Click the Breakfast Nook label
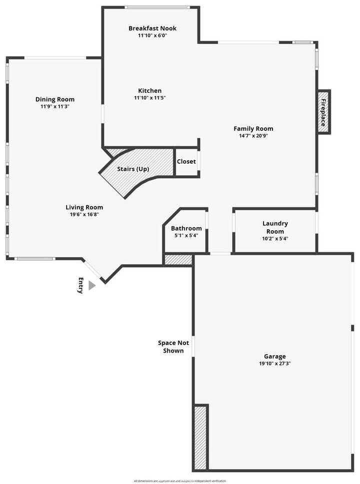click(152, 28)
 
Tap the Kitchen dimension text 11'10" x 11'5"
click(149, 98)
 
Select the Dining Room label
click(54, 99)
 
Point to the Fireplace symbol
click(323, 112)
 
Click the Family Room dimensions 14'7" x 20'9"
click(253, 136)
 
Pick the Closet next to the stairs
click(186, 161)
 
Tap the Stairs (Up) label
click(133, 169)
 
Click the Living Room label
click(84, 207)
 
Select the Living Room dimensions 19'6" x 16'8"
click(84, 215)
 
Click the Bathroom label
click(186, 228)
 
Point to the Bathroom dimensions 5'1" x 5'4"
click(186, 236)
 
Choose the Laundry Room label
click(275, 227)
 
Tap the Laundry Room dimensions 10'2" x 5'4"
click(275, 239)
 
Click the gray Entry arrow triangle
click(91, 285)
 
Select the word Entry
click(80, 285)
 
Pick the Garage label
click(275, 356)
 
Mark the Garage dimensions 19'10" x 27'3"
click(275, 364)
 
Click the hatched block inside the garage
click(200, 437)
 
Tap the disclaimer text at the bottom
click(179, 481)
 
